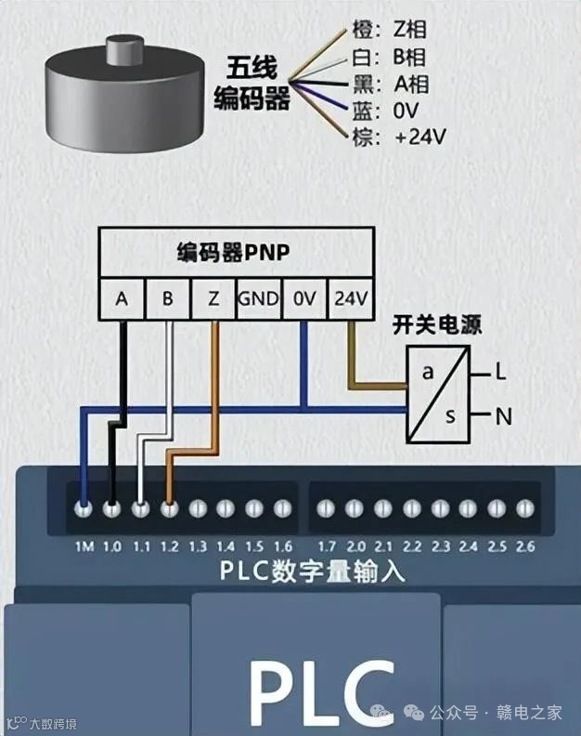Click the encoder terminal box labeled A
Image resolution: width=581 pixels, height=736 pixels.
point(122,299)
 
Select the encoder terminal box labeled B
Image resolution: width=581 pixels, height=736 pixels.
point(167,299)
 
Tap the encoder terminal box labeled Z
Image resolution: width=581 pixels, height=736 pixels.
point(213,299)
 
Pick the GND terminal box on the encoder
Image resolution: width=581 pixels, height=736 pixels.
point(258,299)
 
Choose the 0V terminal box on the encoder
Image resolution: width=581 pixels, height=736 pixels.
point(304,299)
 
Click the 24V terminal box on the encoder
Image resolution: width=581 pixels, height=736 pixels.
point(351,299)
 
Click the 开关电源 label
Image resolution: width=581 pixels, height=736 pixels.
point(436,326)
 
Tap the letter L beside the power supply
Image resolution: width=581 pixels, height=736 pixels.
point(500,373)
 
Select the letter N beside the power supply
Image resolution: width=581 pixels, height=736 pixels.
point(503,416)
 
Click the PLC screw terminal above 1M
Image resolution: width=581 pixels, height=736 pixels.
point(84,508)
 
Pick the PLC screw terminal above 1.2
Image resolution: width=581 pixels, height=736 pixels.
point(169,508)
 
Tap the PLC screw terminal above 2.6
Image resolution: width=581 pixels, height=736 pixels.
point(524,508)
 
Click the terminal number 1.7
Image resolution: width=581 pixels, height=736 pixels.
point(325,545)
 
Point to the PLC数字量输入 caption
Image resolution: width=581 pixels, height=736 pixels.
point(313,571)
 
